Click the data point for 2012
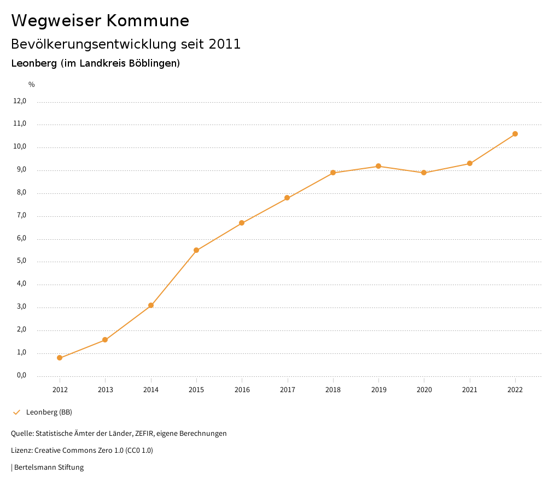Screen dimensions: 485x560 click(60, 358)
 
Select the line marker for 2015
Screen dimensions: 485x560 click(196, 250)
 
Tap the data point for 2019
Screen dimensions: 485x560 click(378, 166)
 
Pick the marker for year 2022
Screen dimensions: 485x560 click(515, 134)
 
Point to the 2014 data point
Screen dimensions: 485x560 click(151, 305)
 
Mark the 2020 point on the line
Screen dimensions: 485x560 click(424, 173)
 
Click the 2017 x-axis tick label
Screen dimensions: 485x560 click(288, 389)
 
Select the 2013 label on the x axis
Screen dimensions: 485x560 click(106, 389)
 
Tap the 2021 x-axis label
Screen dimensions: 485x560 click(470, 389)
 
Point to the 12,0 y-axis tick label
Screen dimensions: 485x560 click(20, 101)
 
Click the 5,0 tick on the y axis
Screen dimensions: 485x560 click(21, 261)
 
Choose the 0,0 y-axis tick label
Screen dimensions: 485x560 click(21, 375)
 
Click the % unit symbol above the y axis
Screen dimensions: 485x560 click(32, 84)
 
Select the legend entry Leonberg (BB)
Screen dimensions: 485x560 click(49, 412)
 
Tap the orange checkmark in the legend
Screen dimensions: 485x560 click(16, 412)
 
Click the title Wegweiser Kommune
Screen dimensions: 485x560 click(100, 21)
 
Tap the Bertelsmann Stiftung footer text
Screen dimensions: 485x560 click(49, 467)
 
